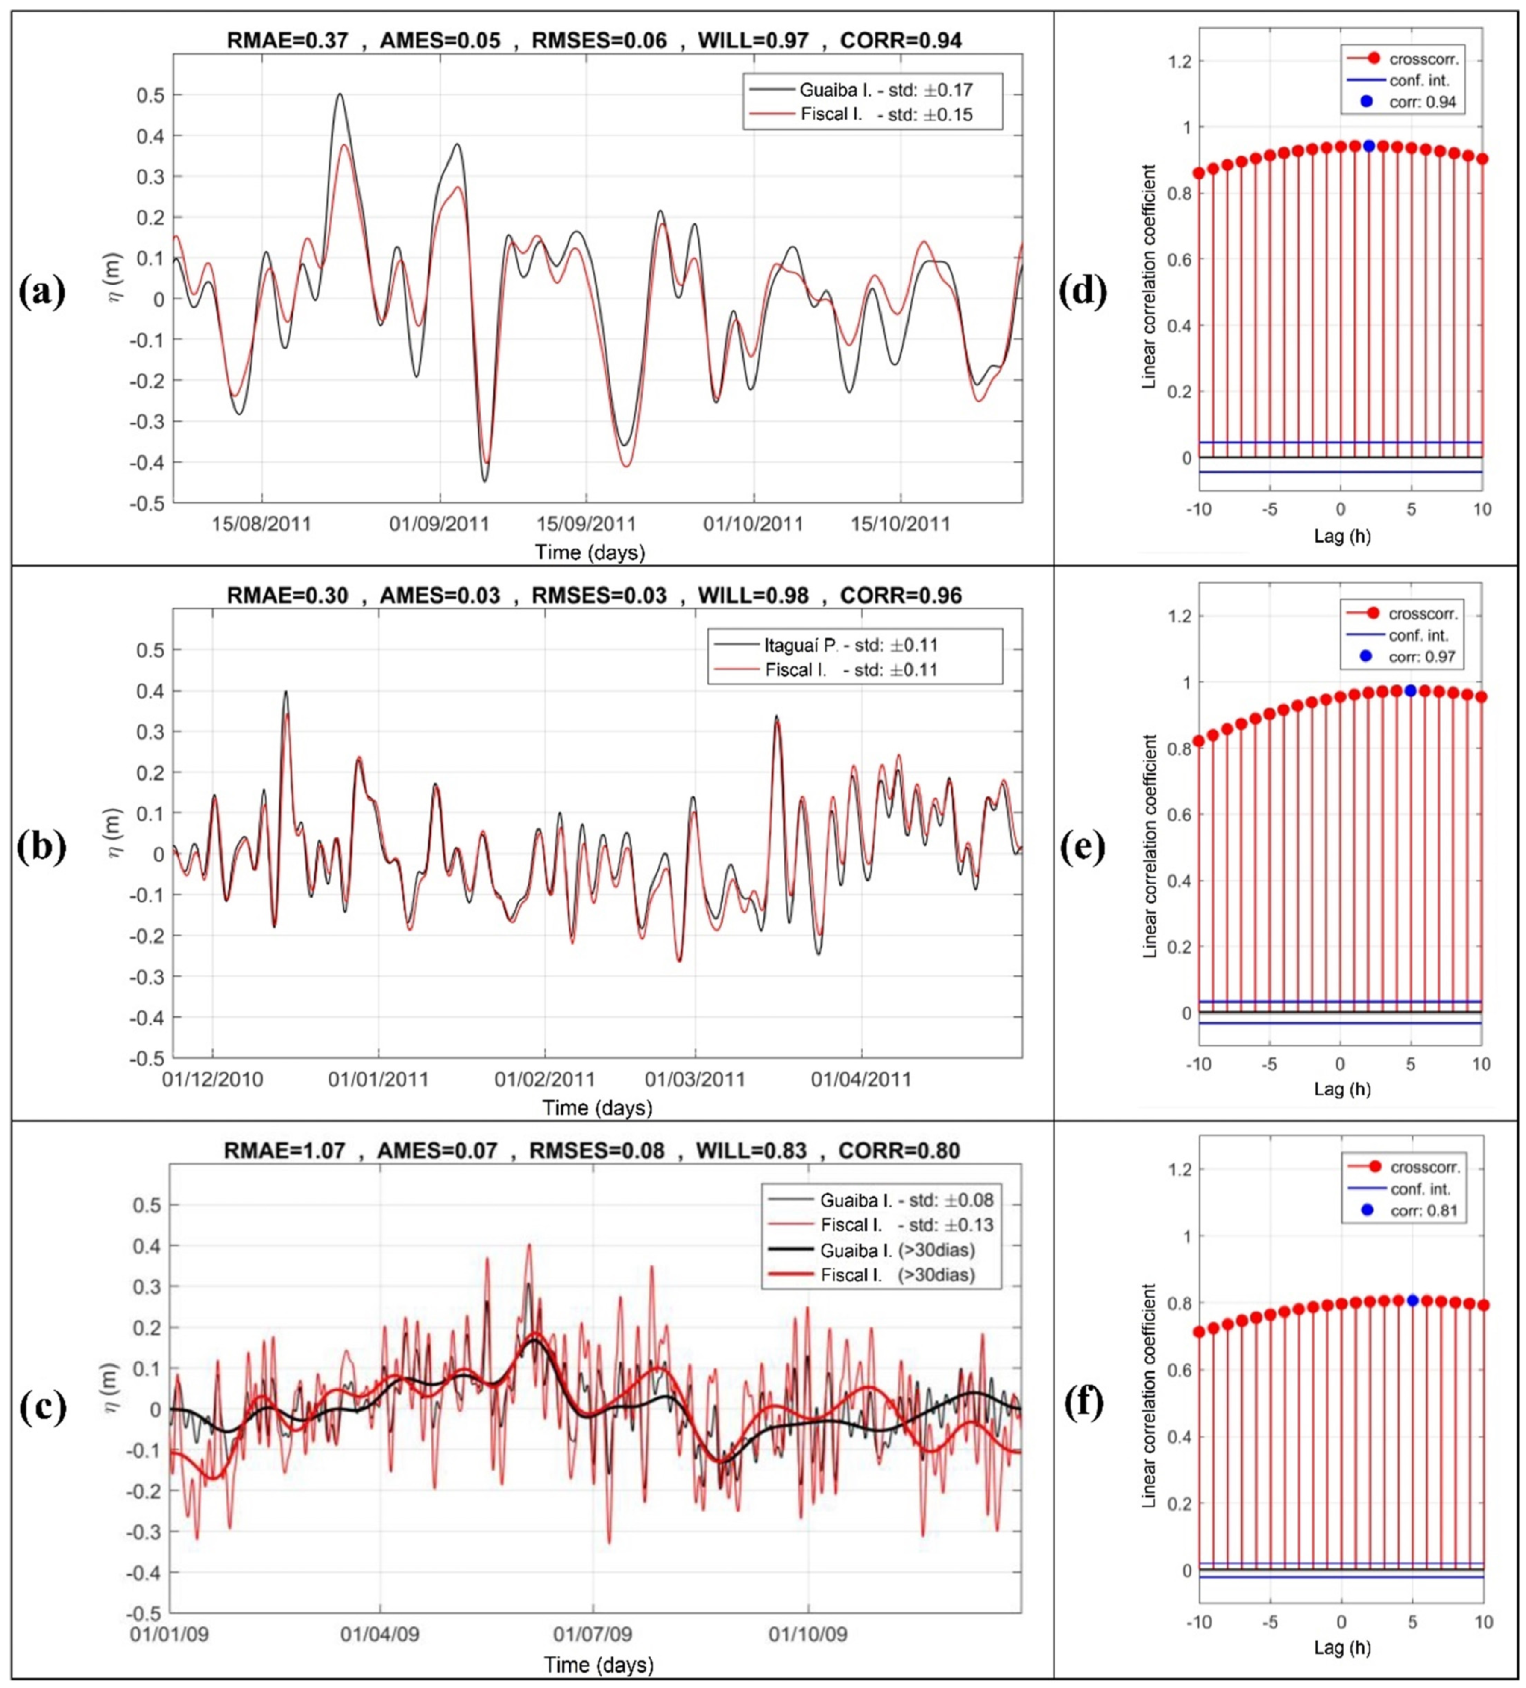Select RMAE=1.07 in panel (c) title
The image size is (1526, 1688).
(285, 1151)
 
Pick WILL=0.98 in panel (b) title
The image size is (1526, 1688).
(753, 595)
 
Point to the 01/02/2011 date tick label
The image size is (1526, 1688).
(545, 1079)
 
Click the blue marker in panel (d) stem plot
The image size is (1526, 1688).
(1369, 146)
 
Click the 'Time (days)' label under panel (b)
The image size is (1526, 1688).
(597, 1108)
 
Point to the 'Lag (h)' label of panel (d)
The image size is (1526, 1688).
(1342, 536)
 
